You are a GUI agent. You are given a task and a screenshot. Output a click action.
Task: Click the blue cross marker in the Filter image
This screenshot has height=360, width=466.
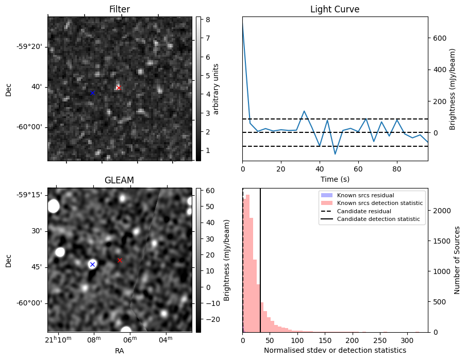(92, 93)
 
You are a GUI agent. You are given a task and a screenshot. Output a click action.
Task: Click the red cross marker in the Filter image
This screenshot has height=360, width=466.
(118, 88)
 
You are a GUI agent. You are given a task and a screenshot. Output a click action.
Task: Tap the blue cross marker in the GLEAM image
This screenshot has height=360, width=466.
(92, 264)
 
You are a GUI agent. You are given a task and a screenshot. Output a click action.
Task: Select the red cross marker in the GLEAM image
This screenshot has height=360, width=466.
(120, 260)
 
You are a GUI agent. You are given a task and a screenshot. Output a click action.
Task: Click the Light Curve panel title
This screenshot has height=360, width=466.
(335, 9)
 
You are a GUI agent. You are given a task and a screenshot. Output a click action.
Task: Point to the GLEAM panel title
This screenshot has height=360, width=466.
(119, 180)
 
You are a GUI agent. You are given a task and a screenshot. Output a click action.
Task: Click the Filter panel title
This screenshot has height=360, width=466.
(120, 9)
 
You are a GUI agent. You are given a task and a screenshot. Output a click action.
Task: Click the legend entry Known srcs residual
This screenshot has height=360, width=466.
(365, 195)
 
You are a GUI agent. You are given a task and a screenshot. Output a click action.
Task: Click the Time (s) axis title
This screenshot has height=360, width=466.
(335, 179)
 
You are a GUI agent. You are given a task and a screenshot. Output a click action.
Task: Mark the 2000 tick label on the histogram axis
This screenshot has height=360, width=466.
(442, 211)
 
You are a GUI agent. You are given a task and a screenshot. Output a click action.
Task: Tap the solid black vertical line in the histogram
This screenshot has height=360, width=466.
(260, 258)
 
